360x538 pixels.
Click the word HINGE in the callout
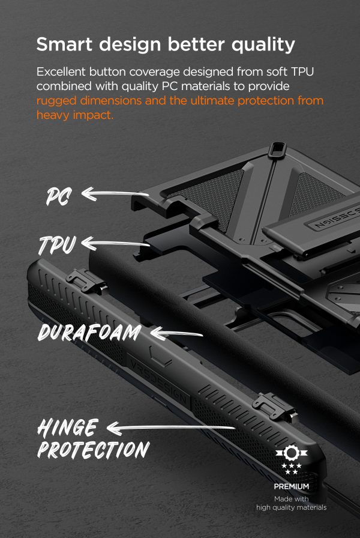(67, 428)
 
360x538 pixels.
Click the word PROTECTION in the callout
(93, 450)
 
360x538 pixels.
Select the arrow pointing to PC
(115, 193)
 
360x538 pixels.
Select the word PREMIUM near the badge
(292, 486)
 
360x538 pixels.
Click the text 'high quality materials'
(292, 508)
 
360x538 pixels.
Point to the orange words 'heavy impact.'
(75, 115)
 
